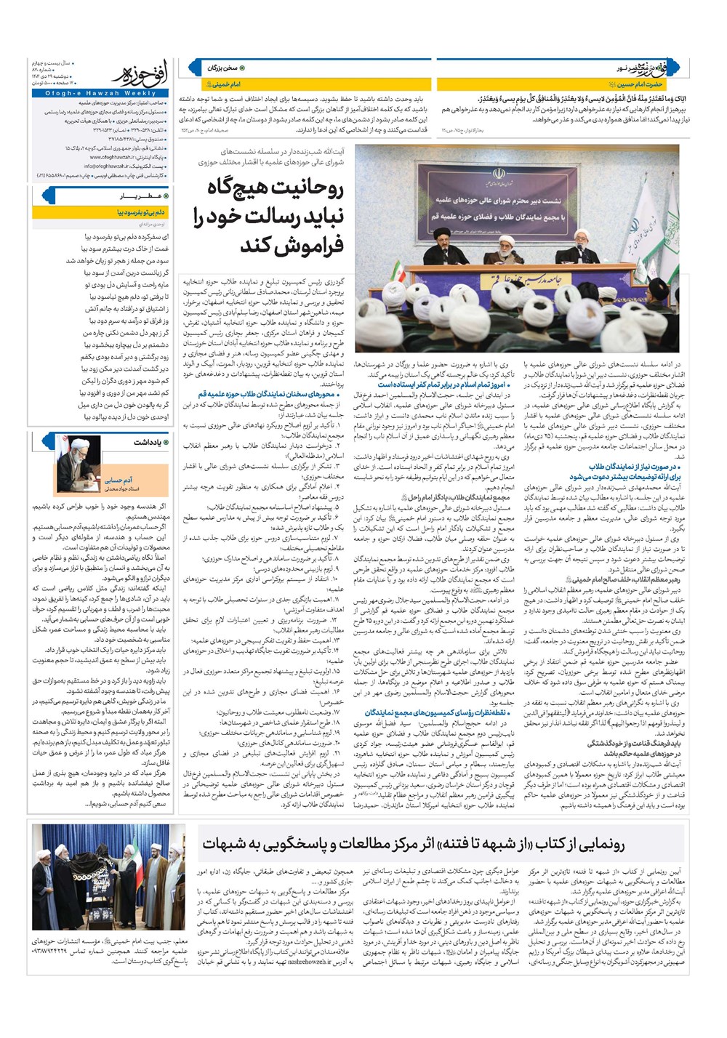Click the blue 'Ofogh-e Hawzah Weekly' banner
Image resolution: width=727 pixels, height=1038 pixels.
[140, 93]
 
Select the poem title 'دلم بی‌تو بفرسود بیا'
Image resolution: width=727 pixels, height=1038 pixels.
[141, 213]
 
